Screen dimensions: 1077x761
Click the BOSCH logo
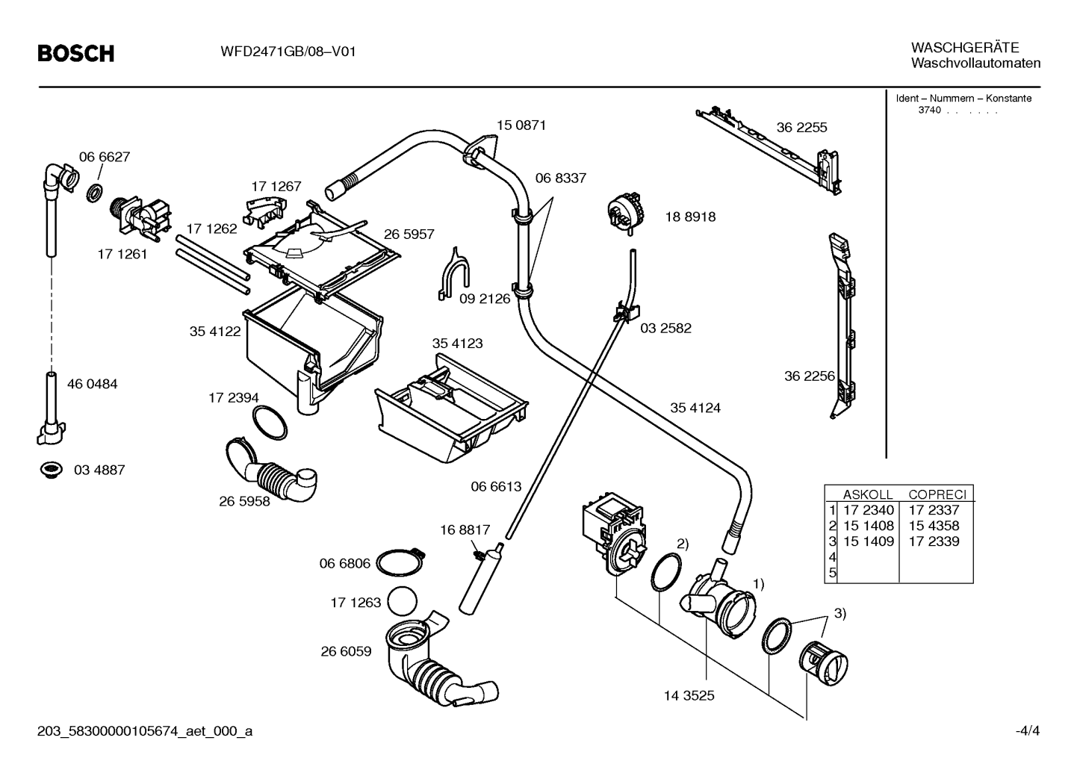pos(76,53)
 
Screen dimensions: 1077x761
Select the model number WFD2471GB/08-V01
pos(288,52)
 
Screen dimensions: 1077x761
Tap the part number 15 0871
pos(521,125)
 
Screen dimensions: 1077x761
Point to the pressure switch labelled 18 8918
pos(627,214)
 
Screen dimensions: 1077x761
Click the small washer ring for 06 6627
pos(95,193)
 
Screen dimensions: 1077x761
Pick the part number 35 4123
pos(457,344)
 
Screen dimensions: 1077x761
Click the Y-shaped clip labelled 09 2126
pos(453,275)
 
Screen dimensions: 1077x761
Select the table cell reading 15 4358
pos(934,526)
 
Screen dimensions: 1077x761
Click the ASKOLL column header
pos(867,494)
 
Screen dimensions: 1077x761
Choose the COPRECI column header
pos(937,494)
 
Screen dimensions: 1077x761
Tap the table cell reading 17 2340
pos(869,509)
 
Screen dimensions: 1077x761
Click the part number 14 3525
pos(689,695)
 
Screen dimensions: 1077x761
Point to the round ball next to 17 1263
pos(402,601)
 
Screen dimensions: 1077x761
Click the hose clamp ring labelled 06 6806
pos(400,562)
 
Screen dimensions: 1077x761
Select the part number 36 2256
pos(810,376)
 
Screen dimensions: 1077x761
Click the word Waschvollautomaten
pos(975,63)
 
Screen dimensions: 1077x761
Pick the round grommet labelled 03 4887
pos(52,470)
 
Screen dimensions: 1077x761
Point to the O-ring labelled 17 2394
pos(270,423)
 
